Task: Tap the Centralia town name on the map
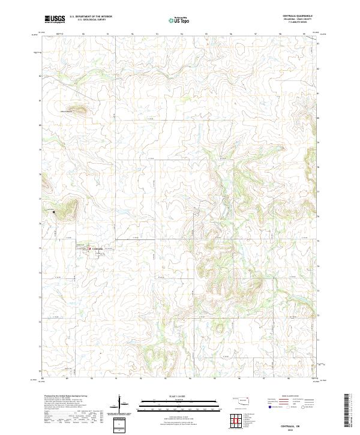point(98,249)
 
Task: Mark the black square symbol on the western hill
point(53,212)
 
